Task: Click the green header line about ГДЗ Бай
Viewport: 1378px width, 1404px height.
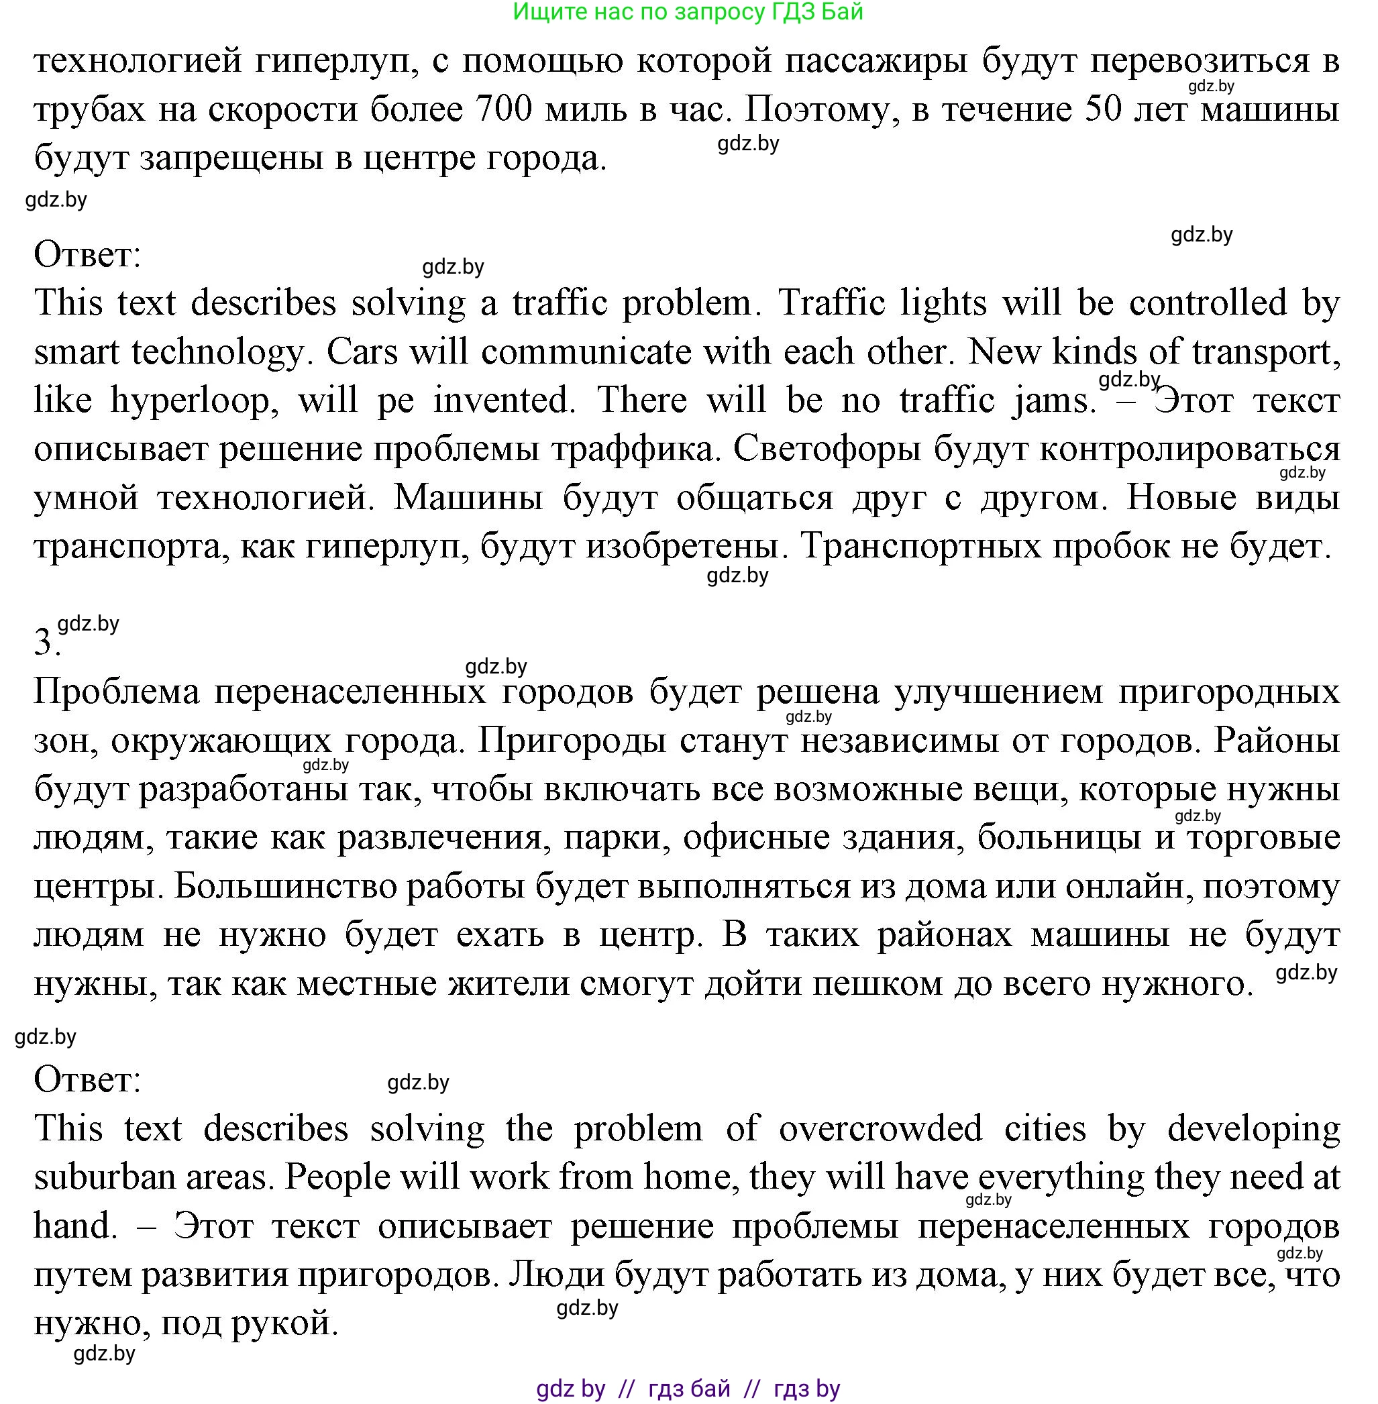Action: click(688, 11)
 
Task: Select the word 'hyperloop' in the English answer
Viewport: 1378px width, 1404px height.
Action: click(194, 400)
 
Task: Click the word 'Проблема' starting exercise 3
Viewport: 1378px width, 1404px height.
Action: click(116, 691)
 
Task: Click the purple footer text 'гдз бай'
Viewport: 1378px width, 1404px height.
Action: click(689, 1388)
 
